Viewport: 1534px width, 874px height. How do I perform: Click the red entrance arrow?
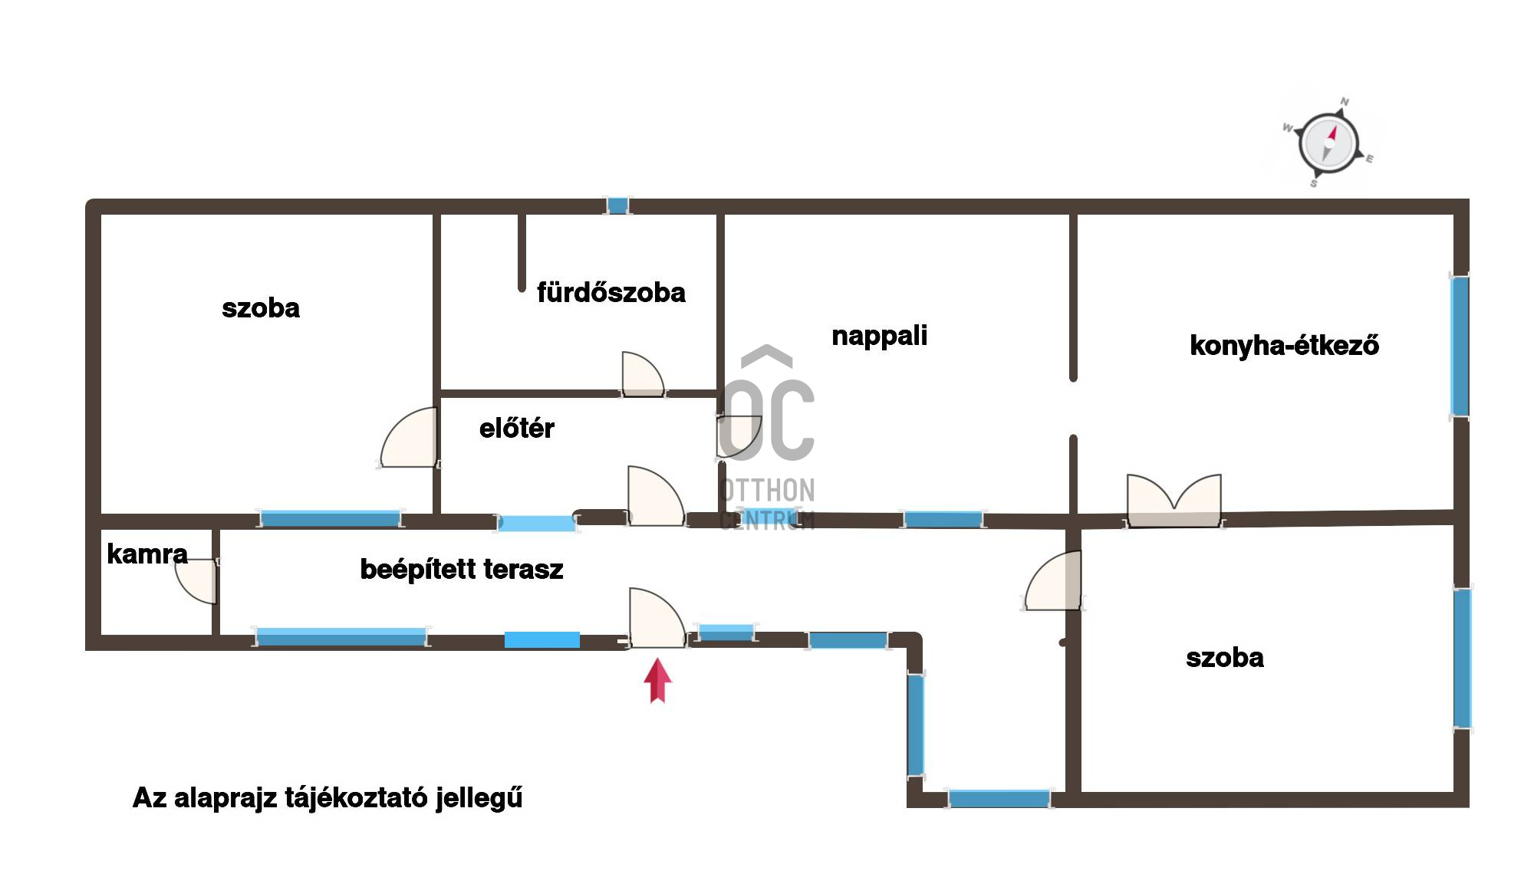pos(657,680)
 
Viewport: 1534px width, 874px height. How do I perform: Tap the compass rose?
pos(1328,144)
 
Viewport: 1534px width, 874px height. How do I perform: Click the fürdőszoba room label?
pos(611,292)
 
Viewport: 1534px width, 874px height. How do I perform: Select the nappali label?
pos(880,336)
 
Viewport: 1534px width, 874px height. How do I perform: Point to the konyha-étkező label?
pos(1285,345)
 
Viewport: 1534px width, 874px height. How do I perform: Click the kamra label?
pos(147,554)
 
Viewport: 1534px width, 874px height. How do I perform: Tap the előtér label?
pos(516,428)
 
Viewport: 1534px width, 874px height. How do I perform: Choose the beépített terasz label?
pos(462,569)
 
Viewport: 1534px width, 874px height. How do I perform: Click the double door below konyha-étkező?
pos(1174,500)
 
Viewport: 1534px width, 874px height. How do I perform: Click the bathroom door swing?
pos(643,374)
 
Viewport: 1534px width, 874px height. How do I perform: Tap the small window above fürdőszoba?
pos(617,205)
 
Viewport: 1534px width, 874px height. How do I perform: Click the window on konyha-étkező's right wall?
pos(1460,346)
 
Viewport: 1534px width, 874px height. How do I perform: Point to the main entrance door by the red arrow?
pos(657,618)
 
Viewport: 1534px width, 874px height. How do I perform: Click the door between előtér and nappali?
pos(738,437)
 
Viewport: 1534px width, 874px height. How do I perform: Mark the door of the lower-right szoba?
pos(1053,580)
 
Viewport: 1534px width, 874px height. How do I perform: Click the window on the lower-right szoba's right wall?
pos(1463,658)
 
